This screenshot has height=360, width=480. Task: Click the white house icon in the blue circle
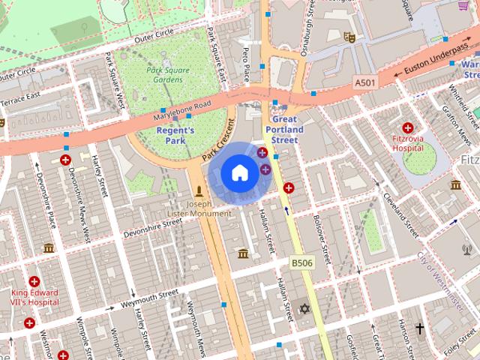click(x=238, y=173)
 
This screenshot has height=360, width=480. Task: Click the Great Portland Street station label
click(x=284, y=130)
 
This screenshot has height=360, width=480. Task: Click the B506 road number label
click(x=301, y=262)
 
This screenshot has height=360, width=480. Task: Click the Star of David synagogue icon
click(x=304, y=309)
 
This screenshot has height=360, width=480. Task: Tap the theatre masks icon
click(x=347, y=35)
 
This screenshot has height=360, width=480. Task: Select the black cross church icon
click(x=419, y=328)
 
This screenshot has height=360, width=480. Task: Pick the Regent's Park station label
click(x=175, y=135)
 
